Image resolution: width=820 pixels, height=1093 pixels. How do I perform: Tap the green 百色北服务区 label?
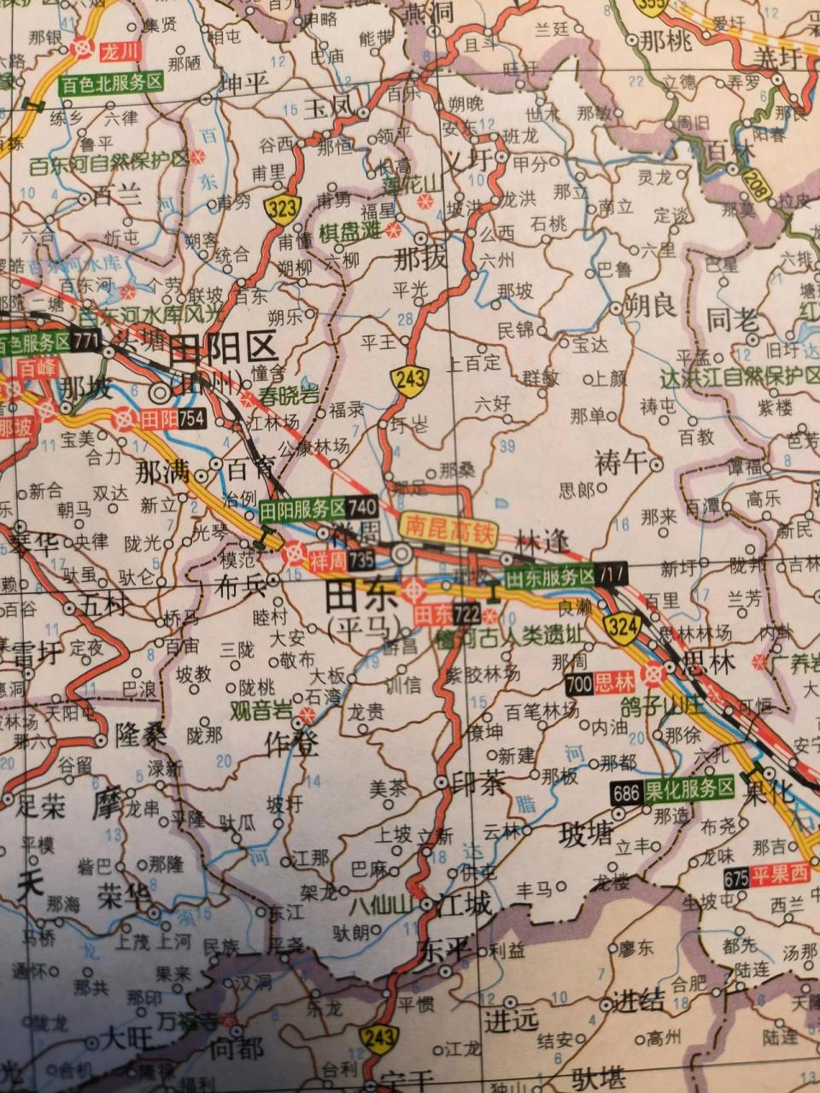click(x=111, y=83)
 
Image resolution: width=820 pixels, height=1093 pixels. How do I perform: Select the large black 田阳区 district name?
click(x=224, y=349)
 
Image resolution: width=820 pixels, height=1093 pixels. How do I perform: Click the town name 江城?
click(x=466, y=904)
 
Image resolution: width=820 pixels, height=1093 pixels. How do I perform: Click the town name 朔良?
click(x=651, y=304)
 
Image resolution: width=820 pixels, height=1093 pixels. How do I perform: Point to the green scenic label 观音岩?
click(x=261, y=711)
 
